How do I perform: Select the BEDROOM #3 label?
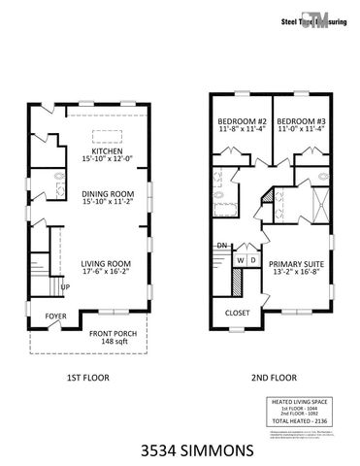298,121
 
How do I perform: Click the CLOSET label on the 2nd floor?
238,314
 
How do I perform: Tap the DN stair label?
221,245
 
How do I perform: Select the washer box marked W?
240,260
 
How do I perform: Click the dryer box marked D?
253,260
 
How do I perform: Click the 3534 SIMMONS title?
180,450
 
